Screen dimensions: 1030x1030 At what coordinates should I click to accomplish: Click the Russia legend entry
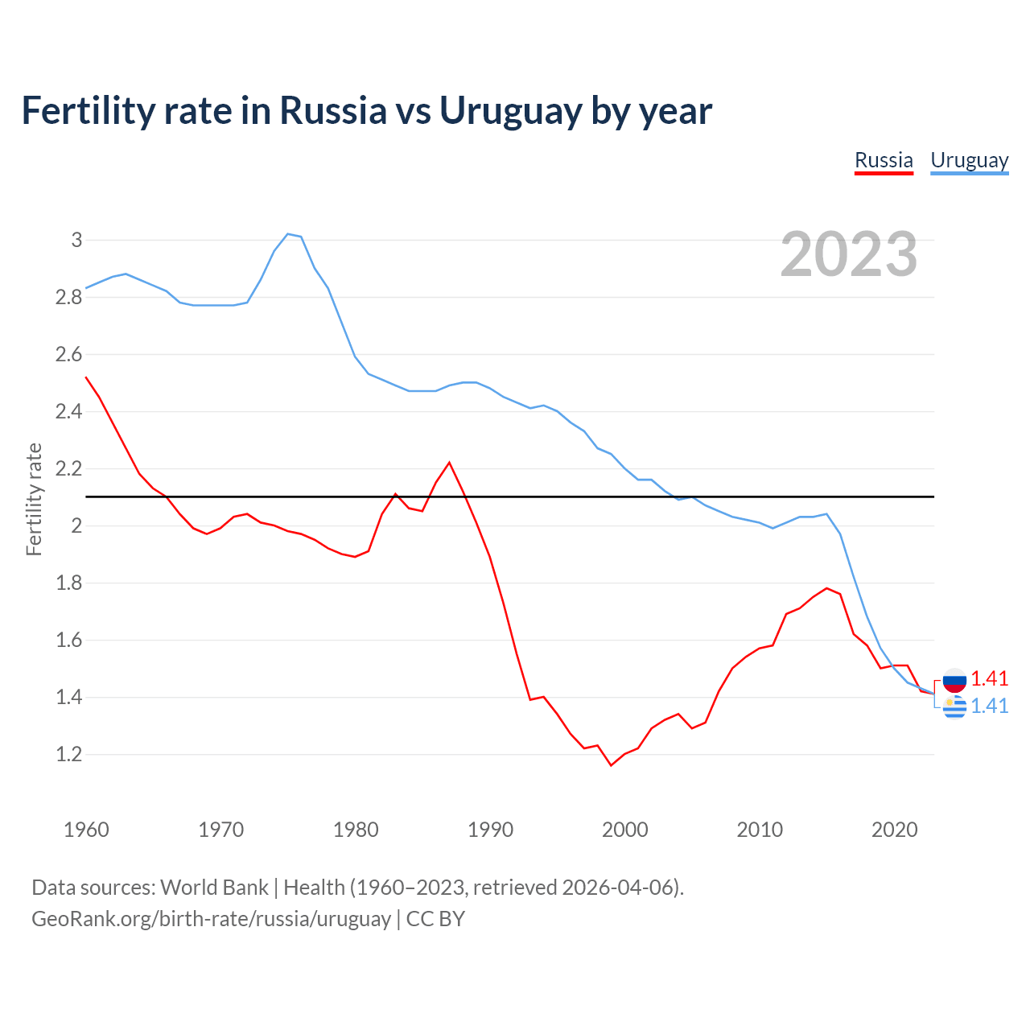pyautogui.click(x=884, y=160)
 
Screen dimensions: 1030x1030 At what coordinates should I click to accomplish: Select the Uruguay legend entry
pyautogui.click(x=969, y=160)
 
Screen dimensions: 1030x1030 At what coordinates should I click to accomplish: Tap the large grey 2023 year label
pyautogui.click(x=849, y=254)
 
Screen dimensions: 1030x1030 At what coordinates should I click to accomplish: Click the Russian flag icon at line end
pyautogui.click(x=954, y=680)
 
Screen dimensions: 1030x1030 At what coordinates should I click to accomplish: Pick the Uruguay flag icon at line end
pyautogui.click(x=954, y=707)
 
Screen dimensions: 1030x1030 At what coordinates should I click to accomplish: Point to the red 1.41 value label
pyautogui.click(x=989, y=678)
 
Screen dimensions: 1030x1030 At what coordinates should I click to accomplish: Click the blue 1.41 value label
pyautogui.click(x=989, y=706)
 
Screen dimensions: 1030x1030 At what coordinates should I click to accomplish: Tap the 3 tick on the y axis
pyautogui.click(x=76, y=240)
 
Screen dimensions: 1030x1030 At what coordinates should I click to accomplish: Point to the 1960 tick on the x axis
pyautogui.click(x=86, y=830)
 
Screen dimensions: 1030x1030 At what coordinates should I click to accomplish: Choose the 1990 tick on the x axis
pyautogui.click(x=490, y=830)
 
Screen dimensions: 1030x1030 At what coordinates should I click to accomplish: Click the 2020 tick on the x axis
pyautogui.click(x=894, y=830)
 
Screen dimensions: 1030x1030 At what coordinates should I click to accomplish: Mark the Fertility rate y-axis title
pyautogui.click(x=34, y=499)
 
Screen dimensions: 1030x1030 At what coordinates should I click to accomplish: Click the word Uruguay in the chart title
pyautogui.click(x=509, y=111)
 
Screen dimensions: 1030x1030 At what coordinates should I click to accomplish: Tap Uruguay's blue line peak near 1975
pyautogui.click(x=288, y=234)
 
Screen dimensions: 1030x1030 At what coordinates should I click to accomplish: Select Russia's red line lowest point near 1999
pyautogui.click(x=611, y=764)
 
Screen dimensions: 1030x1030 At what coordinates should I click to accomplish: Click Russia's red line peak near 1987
pyautogui.click(x=449, y=463)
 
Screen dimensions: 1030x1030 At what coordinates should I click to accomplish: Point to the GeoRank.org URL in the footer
pyautogui.click(x=211, y=918)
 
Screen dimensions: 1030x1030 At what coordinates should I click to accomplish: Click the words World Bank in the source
pyautogui.click(x=214, y=887)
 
